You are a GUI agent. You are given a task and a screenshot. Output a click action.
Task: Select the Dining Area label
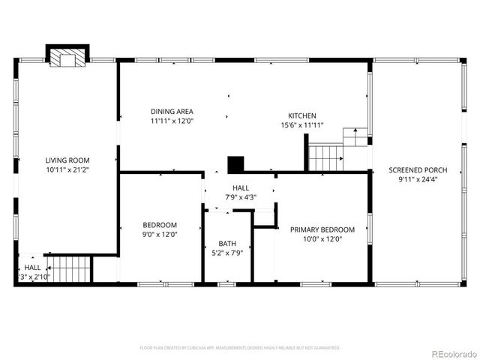tap(172, 111)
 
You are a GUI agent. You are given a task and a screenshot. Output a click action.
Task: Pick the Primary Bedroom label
tap(322, 229)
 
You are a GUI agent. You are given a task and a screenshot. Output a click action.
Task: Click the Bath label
tap(226, 244)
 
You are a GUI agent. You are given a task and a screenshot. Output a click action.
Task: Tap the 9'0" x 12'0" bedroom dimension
tap(160, 234)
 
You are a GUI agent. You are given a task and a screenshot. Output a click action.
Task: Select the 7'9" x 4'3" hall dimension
tap(240, 197)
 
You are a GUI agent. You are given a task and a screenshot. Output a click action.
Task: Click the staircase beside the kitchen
tap(325, 158)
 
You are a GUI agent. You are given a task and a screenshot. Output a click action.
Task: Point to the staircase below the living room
tap(70, 268)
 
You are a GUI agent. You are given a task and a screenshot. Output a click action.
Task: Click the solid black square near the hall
tap(236, 164)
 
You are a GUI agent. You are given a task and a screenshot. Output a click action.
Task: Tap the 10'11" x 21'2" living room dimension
tap(67, 169)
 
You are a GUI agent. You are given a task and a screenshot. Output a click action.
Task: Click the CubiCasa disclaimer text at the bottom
tap(240, 348)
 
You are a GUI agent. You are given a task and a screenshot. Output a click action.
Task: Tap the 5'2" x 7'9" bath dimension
tap(226, 253)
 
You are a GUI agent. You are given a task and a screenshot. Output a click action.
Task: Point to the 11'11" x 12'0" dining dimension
tap(172, 121)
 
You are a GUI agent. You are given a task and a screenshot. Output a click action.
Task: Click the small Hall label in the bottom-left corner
tap(32, 267)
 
